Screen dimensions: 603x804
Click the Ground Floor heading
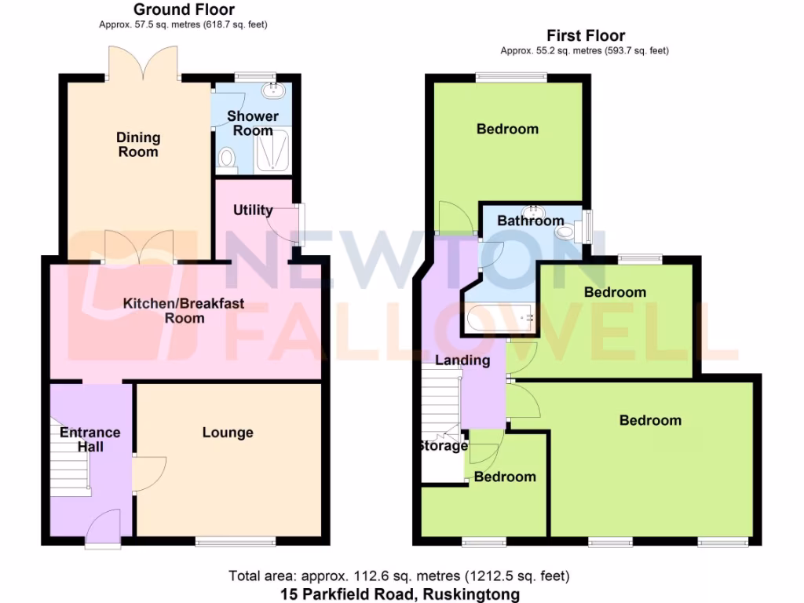(184, 9)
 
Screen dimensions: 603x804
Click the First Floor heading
(586, 35)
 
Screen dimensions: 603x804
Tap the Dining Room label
(138, 144)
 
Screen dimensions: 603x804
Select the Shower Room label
(253, 123)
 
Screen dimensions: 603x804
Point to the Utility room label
(253, 210)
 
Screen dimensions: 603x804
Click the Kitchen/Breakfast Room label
(184, 310)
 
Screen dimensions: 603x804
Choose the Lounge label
(228, 433)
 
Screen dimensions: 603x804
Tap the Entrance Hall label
(90, 440)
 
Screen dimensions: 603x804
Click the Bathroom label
(531, 221)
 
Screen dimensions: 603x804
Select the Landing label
(463, 360)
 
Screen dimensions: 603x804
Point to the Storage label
(443, 447)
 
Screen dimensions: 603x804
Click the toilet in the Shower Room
(227, 159)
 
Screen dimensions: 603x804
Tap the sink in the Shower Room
(273, 90)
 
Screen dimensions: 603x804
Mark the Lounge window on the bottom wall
(236, 540)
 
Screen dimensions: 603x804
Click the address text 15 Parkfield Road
(400, 594)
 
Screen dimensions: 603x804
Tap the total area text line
(399, 576)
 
